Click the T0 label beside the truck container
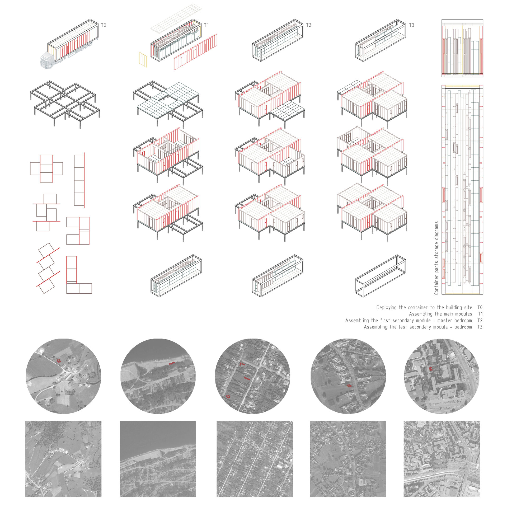coord(104,25)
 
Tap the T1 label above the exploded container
coord(206,25)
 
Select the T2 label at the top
coord(309,25)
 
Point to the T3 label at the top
coord(411,25)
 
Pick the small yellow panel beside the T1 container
coord(143,59)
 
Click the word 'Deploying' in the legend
coord(386,307)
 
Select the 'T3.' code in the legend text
coord(480,327)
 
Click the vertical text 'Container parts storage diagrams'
coord(436,258)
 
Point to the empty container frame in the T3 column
coord(380,276)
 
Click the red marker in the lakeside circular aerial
coord(172,364)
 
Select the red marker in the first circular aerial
coord(59,360)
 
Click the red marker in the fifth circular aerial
coord(431,369)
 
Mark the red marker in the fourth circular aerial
coord(349,386)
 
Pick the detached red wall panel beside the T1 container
coord(195,52)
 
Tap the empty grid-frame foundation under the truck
coord(65,104)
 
